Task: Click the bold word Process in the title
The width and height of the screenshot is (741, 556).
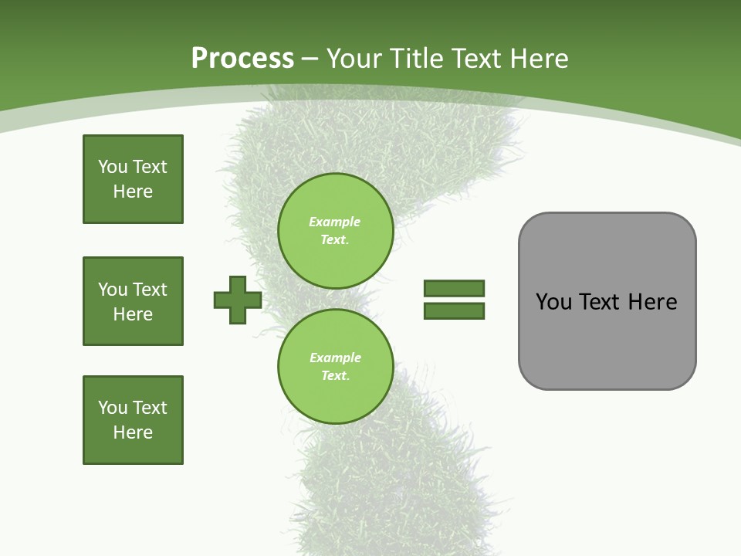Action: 242,59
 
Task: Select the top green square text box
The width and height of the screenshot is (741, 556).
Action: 133,179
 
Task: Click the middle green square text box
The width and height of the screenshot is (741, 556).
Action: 133,301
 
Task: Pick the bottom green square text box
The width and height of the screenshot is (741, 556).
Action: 133,420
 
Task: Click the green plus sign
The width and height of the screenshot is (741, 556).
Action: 238,300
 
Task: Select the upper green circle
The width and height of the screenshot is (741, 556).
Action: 335,231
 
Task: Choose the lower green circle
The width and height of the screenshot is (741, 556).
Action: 335,367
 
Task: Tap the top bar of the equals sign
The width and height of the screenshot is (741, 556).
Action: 454,289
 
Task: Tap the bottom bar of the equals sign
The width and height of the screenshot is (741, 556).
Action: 454,311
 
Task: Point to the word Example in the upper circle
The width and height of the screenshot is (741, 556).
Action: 335,222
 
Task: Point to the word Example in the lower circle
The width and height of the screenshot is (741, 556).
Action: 335,358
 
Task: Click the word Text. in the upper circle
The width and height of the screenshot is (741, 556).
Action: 335,240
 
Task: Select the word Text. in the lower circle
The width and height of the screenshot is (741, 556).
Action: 335,376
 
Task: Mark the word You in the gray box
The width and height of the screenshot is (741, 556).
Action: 553,302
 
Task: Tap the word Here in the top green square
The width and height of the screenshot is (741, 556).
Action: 133,192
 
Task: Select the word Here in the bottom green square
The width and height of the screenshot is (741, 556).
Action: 133,432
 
